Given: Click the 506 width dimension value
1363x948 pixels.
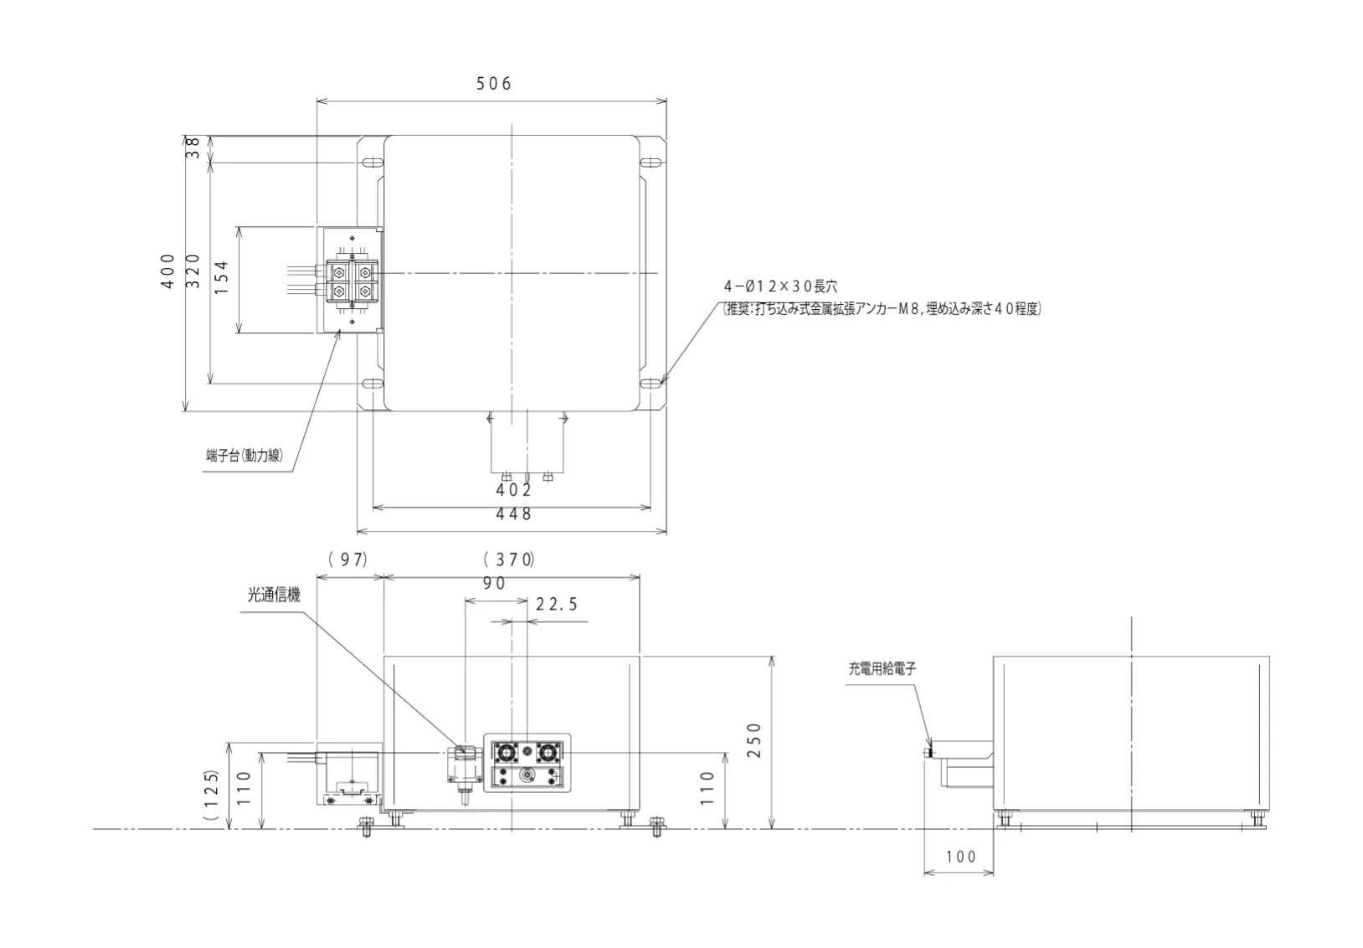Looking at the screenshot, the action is click(493, 84).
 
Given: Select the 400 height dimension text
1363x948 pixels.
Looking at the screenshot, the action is click(168, 271).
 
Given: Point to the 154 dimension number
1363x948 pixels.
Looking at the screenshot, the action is click(221, 277).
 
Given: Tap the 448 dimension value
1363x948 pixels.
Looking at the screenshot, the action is click(513, 514).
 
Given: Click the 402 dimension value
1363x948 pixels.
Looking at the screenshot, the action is click(513, 490).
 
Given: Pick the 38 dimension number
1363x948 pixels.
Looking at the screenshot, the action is click(193, 148).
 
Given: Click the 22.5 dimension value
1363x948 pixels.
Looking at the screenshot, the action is click(556, 604).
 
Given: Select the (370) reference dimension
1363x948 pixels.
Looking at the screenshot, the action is click(509, 559).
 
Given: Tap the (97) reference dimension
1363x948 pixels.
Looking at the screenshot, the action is click(348, 559).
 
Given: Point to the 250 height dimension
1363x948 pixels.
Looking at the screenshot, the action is click(754, 740).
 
